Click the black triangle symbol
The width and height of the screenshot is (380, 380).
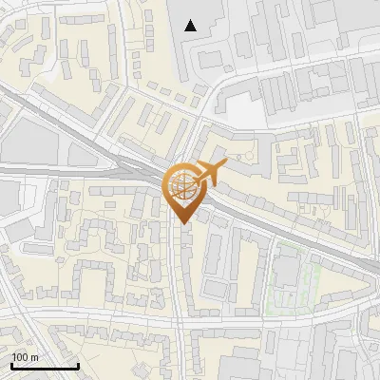coord(191,26)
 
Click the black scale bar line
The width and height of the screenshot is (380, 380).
coord(45,367)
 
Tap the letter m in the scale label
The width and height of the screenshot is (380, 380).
coord(34,357)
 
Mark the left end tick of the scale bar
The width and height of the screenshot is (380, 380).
coord(11,365)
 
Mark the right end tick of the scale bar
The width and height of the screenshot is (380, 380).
coord(78,365)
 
